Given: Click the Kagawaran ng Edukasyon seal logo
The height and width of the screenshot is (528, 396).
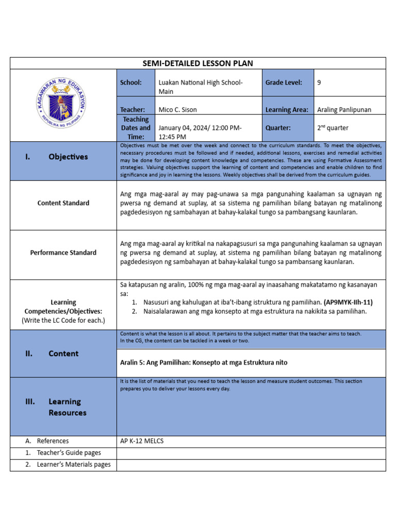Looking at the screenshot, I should (x=63, y=105).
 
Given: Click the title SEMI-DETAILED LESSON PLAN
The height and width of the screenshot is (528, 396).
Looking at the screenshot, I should (x=197, y=63).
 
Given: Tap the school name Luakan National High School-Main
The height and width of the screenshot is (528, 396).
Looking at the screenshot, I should (x=200, y=87).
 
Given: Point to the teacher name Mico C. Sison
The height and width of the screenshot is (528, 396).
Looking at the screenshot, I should (x=177, y=109).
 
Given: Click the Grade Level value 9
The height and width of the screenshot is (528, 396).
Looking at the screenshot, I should (x=319, y=82).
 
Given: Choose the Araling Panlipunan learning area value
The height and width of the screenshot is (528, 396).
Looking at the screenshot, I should (x=344, y=109).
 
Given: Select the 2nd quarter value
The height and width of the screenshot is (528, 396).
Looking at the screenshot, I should (x=333, y=128).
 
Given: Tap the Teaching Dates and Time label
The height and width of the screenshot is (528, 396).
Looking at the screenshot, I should (x=136, y=128).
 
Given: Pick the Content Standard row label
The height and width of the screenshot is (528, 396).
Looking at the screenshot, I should (x=63, y=203).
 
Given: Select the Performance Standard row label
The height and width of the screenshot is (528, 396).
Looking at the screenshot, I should (x=63, y=253).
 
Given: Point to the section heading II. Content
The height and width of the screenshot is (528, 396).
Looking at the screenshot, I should (x=52, y=354).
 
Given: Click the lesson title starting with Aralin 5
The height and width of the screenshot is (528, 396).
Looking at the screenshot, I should (x=204, y=362).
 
